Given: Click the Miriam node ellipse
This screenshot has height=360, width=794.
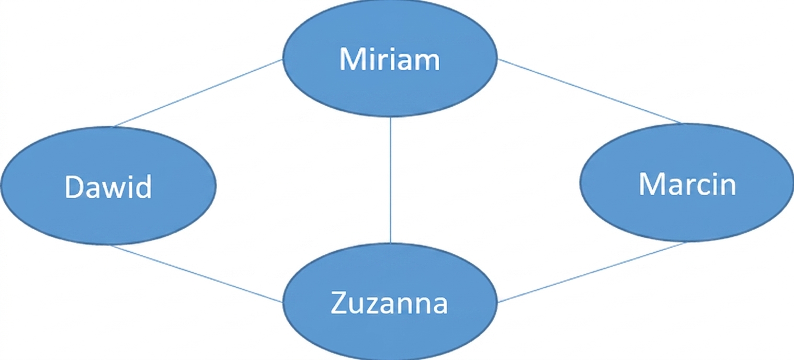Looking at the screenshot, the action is pos(390,58).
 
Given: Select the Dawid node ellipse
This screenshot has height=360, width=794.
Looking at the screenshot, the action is pos(108,186).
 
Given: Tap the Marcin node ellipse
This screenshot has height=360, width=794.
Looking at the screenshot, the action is pos(687,183).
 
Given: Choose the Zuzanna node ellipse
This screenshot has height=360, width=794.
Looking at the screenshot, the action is pos(390,302).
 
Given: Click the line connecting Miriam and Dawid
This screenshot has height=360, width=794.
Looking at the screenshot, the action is pos(198,93).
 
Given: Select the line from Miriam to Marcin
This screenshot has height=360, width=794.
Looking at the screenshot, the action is pos(589,92).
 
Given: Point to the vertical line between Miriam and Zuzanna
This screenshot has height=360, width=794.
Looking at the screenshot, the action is pos(390,180).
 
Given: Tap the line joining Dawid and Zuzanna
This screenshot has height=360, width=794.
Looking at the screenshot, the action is pos(196,274).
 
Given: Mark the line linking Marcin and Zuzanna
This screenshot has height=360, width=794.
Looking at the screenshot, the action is pos(592,272).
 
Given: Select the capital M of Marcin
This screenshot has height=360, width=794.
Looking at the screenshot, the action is pos(651,184).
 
